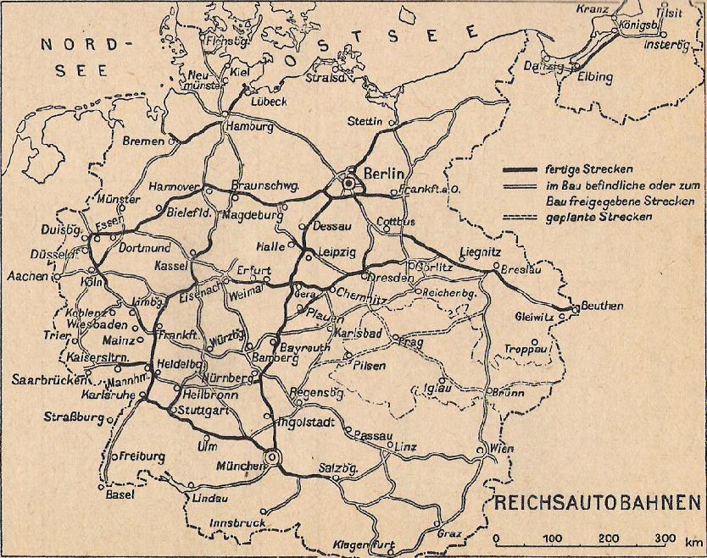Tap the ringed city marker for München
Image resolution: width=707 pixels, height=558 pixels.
(x=273, y=458)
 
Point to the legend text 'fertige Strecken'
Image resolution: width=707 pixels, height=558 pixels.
(x=582, y=169)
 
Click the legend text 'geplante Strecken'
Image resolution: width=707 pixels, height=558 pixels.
(x=598, y=218)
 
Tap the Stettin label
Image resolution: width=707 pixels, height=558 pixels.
(x=365, y=121)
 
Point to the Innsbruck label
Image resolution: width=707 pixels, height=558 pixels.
(x=238, y=523)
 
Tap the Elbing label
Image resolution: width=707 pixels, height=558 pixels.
(x=594, y=77)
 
